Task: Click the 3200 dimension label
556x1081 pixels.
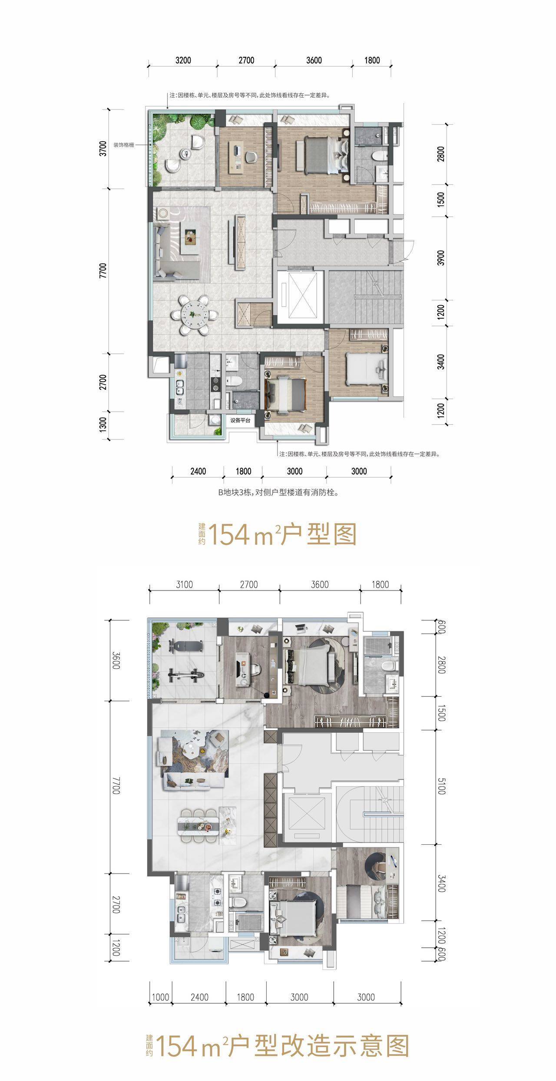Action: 183,60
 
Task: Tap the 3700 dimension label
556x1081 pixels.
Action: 103,149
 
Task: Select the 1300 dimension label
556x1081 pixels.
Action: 103,425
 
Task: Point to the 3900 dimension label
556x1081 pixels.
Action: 441,258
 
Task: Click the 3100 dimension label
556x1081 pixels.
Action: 184,584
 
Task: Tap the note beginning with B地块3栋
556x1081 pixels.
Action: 278,493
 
